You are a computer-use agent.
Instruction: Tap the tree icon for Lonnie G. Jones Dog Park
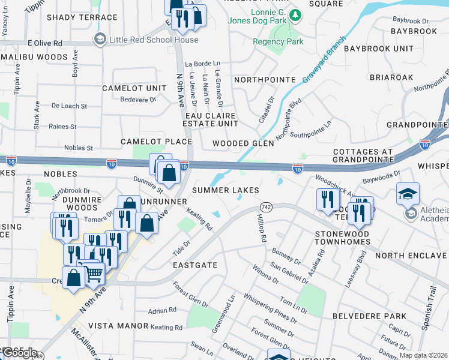click(x=295, y=14)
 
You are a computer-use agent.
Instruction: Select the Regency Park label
click(x=278, y=41)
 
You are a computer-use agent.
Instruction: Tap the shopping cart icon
click(x=93, y=274)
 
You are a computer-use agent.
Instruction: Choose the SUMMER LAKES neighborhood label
click(x=226, y=190)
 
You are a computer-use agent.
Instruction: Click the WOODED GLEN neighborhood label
click(x=243, y=144)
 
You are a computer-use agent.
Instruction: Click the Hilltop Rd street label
click(x=262, y=228)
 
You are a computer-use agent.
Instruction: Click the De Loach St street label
click(x=68, y=106)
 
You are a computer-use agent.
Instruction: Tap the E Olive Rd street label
click(x=45, y=44)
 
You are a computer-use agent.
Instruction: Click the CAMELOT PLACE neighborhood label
click(x=156, y=142)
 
